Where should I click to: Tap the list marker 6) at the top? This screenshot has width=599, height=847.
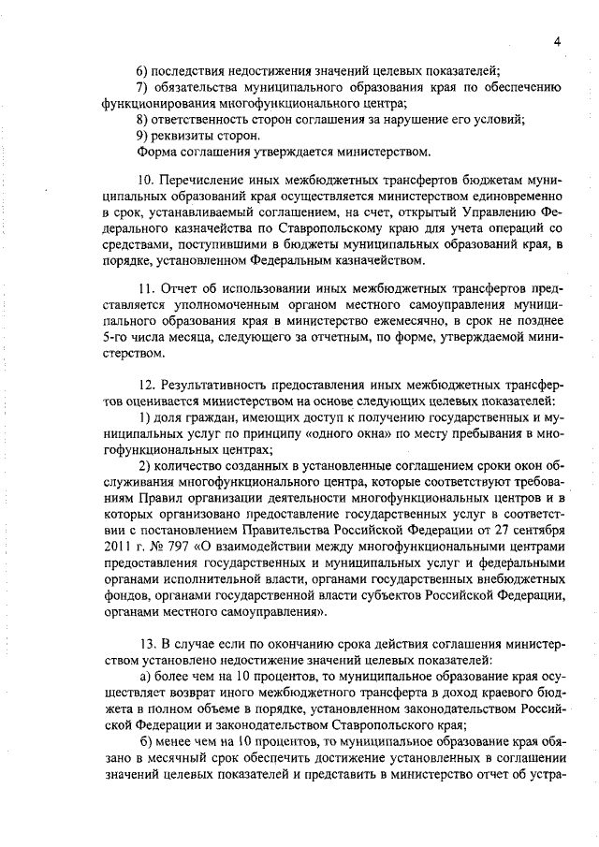tap(143, 71)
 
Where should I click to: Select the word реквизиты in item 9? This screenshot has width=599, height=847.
tap(183, 135)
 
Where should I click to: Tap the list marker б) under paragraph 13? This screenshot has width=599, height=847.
tap(143, 751)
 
